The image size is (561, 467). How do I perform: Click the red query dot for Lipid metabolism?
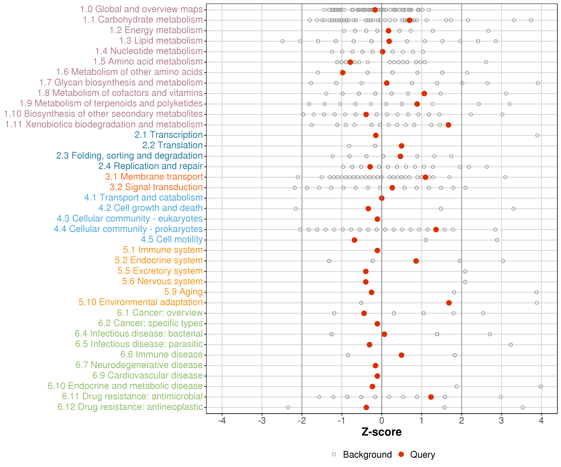coord(389,41)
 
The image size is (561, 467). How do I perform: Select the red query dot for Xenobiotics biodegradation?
coord(448,125)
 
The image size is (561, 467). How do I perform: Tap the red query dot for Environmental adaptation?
coord(449,303)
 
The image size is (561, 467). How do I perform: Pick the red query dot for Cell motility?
coord(354,240)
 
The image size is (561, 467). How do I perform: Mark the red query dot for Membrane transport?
coord(425,177)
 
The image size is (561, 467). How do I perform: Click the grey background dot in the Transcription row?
coord(537,135)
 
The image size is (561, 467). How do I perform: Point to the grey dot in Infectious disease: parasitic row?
coord(511,344)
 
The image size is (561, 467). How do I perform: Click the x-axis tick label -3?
coord(262,421)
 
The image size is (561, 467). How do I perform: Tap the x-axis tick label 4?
coord(541,421)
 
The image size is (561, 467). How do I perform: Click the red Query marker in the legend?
coord(401,454)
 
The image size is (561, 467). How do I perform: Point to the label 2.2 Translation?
coord(172,145)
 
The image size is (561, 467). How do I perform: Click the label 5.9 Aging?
coord(183,292)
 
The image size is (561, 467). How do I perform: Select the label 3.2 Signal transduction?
coord(156,187)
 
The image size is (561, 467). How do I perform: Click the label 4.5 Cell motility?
coord(172,239)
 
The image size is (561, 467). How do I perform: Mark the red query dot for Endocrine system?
coord(416,261)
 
